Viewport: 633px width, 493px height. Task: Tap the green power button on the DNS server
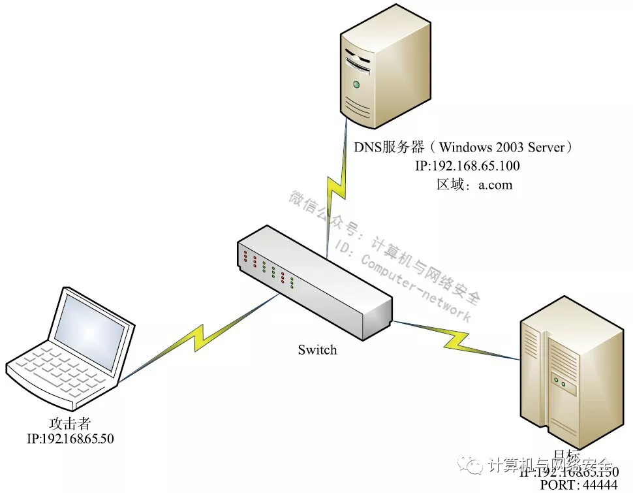coord(356,84)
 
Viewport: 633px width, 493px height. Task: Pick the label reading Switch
coord(317,350)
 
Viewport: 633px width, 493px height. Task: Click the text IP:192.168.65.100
coord(467,166)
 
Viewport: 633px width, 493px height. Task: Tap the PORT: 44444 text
coord(578,485)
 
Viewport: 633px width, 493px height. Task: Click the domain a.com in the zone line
coord(495,184)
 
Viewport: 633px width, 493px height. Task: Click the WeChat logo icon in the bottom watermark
coord(474,464)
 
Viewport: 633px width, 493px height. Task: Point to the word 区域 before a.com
coord(450,184)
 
